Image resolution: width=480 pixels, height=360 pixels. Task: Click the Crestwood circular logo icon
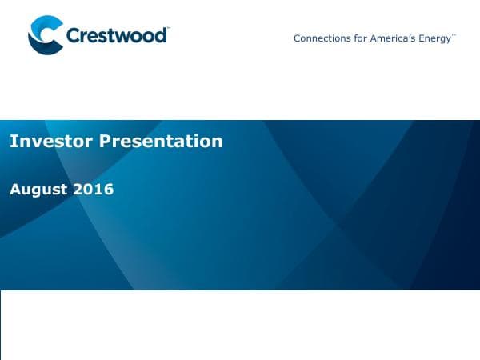point(46,36)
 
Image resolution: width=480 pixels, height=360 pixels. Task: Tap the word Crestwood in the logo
point(116,36)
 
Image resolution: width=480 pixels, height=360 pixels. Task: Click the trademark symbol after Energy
point(454,35)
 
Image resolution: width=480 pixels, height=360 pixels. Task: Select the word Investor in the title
point(50,142)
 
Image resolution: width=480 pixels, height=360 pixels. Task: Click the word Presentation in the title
point(161,142)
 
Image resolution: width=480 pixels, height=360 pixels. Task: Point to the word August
point(38,190)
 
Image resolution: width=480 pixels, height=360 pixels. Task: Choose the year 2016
point(94,190)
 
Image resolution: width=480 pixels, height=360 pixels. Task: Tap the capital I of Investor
point(12,142)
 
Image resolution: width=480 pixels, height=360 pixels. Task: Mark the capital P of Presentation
point(105,142)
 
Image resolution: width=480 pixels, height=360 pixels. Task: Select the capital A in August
point(14,190)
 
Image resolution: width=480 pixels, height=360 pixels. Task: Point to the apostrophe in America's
point(408,35)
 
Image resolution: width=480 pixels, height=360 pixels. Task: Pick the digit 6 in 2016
point(109,190)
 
